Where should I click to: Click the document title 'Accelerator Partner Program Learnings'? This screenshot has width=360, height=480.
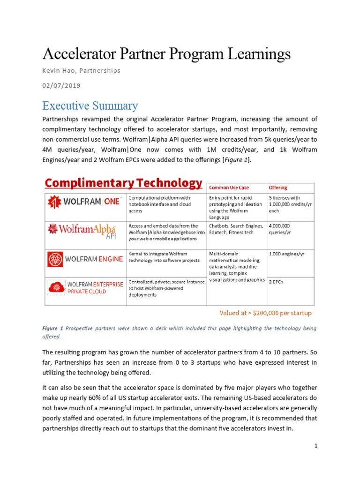tap(166, 53)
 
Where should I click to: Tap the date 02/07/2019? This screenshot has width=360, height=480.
tap(61, 85)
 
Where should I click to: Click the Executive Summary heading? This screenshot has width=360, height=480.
tap(90, 105)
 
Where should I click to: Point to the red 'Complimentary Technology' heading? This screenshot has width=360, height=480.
tap(123, 183)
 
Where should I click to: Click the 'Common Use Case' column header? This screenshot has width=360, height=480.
tap(229, 187)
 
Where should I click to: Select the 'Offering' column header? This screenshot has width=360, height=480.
tap(278, 187)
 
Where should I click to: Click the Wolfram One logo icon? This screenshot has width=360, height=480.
tap(55, 202)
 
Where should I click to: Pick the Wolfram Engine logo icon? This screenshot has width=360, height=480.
tap(55, 259)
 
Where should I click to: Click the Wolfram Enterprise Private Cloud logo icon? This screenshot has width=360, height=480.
tap(56, 287)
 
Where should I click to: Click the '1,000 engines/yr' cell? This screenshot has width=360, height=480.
tap(286, 254)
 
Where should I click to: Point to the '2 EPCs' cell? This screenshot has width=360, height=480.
tap(276, 282)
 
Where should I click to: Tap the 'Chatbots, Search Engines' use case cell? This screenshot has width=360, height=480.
tap(236, 229)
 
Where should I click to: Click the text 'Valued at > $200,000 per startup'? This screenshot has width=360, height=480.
tap(266, 313)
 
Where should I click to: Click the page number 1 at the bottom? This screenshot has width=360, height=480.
tap(316, 446)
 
